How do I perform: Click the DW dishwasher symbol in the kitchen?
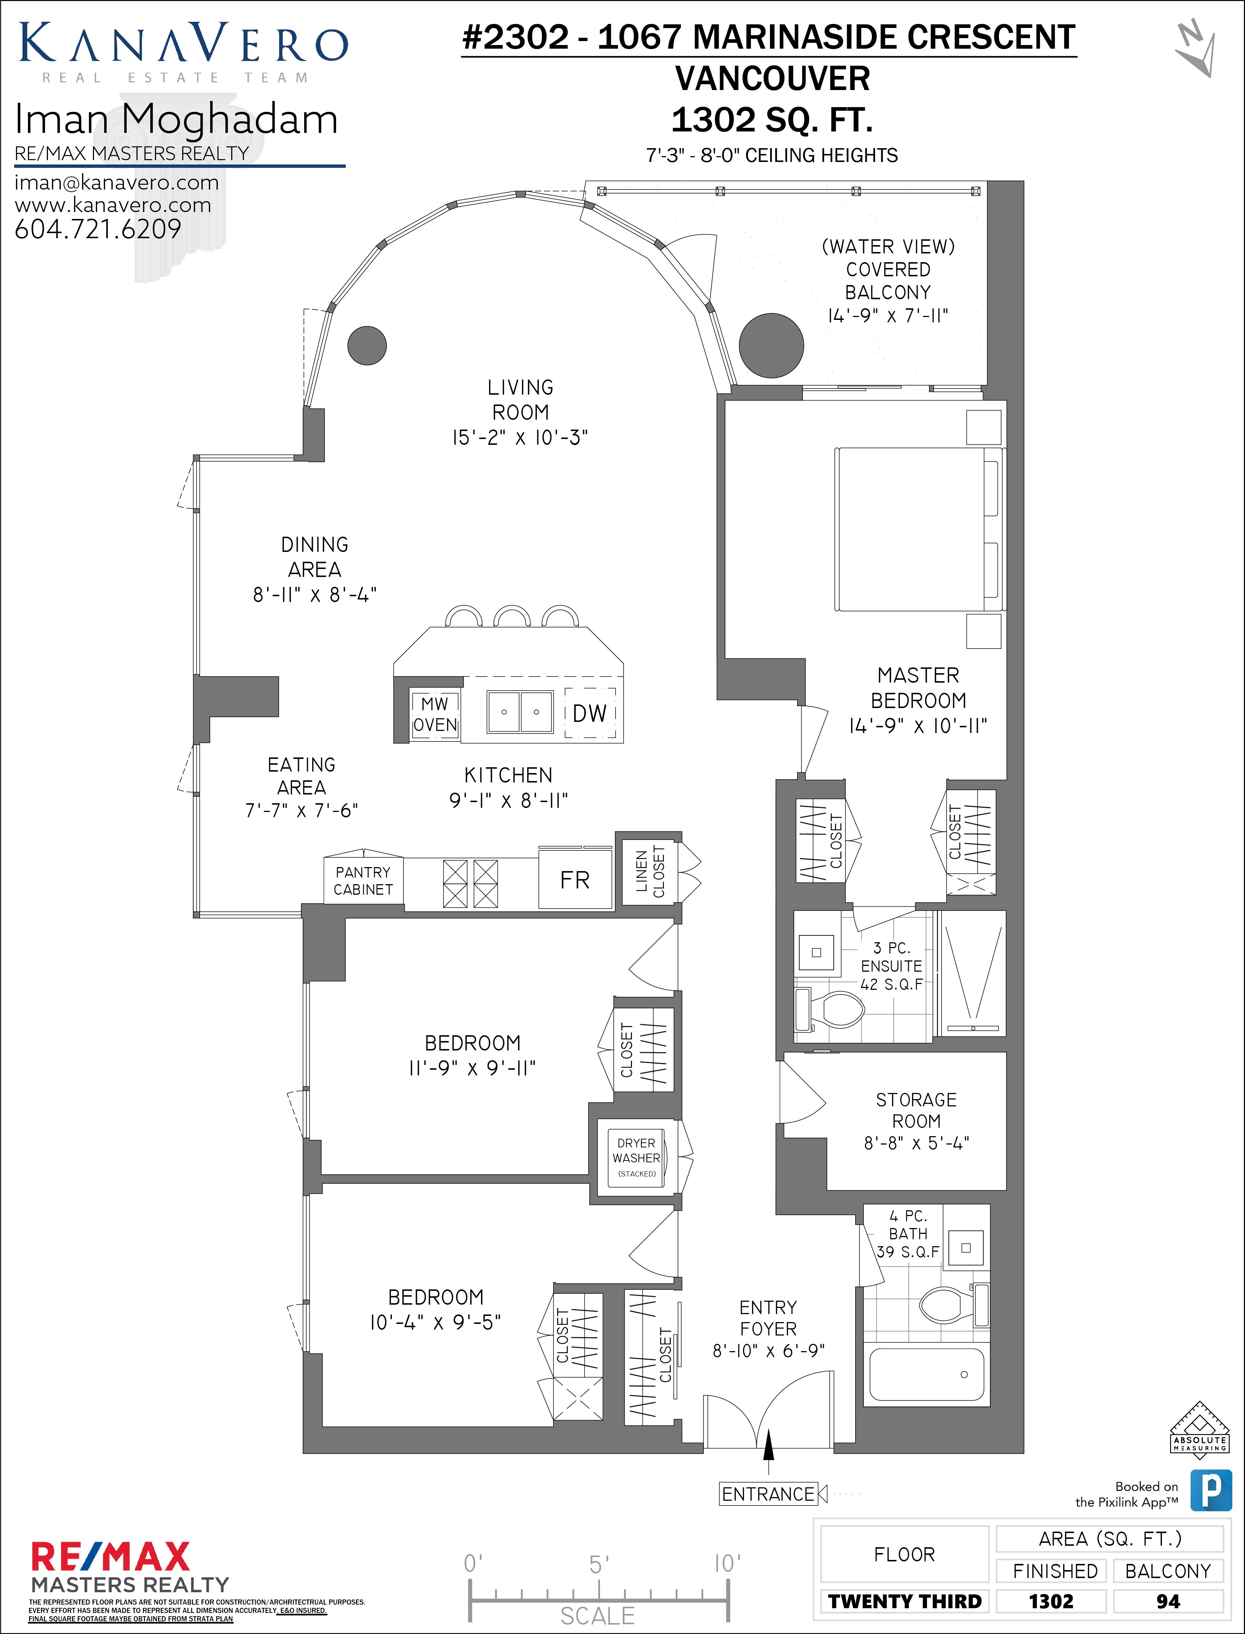pos(590,713)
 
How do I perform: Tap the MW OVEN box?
pos(435,714)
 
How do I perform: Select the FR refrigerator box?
pos(575,880)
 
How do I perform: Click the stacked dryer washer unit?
pos(637,1157)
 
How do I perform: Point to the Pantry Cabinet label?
pos(363,881)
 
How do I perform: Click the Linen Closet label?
pos(650,873)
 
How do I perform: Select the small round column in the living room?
pos(367,345)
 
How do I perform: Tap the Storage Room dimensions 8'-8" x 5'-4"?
pos(916,1143)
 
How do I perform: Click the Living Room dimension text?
pos(520,438)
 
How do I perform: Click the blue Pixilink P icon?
pos(1211,1490)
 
